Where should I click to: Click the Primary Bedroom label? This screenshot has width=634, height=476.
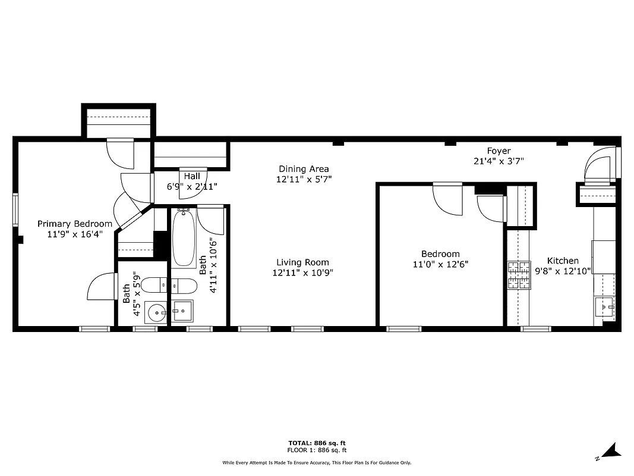click(75, 224)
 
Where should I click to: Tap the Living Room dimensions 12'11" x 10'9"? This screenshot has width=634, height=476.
click(302, 273)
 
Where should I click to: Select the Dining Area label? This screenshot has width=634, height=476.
click(304, 169)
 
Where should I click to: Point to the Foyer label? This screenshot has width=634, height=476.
click(499, 151)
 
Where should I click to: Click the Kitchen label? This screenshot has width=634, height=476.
click(562, 261)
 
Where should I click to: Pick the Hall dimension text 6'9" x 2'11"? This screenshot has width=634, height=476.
click(192, 186)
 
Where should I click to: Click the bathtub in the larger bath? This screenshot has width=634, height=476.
click(184, 238)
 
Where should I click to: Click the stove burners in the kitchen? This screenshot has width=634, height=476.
click(518, 275)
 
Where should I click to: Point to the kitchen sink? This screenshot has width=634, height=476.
click(605, 308)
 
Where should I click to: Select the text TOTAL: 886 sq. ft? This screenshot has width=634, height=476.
click(317, 443)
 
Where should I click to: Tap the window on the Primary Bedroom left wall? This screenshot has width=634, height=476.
click(16, 210)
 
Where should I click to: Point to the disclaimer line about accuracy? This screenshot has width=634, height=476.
click(317, 462)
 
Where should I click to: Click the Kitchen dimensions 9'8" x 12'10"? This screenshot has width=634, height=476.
click(563, 271)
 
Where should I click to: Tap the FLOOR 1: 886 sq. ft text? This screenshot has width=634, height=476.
click(317, 450)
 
